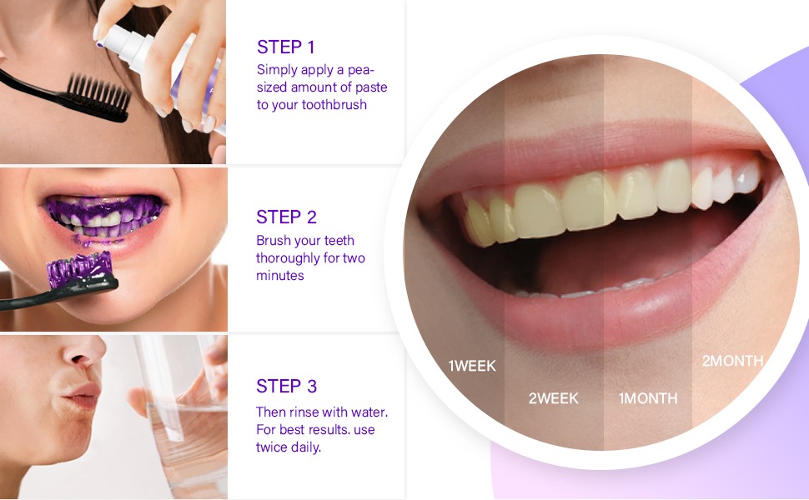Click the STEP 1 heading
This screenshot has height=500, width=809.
285,47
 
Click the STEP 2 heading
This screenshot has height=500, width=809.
286,217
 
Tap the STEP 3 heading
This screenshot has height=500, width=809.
286,386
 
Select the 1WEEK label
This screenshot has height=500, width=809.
472,366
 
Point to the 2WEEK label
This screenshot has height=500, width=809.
554,398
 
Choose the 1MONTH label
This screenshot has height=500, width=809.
648,398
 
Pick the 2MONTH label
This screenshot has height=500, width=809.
732,361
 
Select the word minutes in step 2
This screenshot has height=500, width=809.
280,275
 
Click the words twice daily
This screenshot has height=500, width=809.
289,447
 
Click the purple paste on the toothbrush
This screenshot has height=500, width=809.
79,267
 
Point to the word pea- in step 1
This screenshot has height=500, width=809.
360,70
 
